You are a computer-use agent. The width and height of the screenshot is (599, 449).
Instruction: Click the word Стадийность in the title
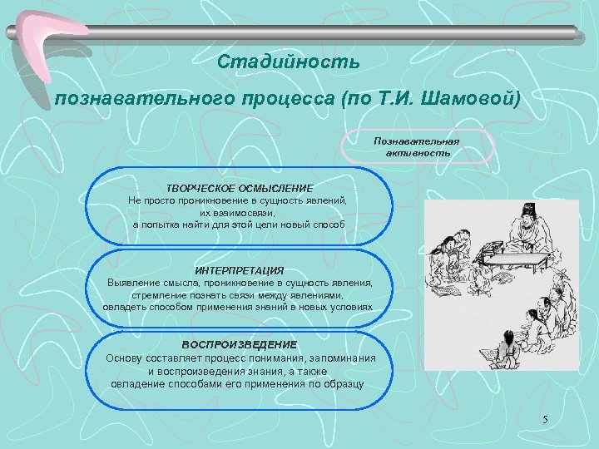pos(288,63)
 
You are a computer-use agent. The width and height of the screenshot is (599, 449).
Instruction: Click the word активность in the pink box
pos(418,153)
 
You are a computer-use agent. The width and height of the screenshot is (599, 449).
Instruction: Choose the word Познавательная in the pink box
pos(418,142)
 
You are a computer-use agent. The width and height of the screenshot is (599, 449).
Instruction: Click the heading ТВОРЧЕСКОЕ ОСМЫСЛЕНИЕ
pos(240,189)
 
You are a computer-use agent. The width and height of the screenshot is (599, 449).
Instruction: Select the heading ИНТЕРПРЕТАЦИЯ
pos(240,271)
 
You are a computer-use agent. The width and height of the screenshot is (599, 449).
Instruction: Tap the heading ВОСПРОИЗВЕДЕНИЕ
pos(240,344)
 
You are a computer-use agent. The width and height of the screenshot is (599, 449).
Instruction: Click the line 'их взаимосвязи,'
pos(240,213)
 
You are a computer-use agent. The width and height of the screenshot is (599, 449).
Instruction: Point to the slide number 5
pos(544,420)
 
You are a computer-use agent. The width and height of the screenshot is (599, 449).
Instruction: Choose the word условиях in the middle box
pos(353,307)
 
